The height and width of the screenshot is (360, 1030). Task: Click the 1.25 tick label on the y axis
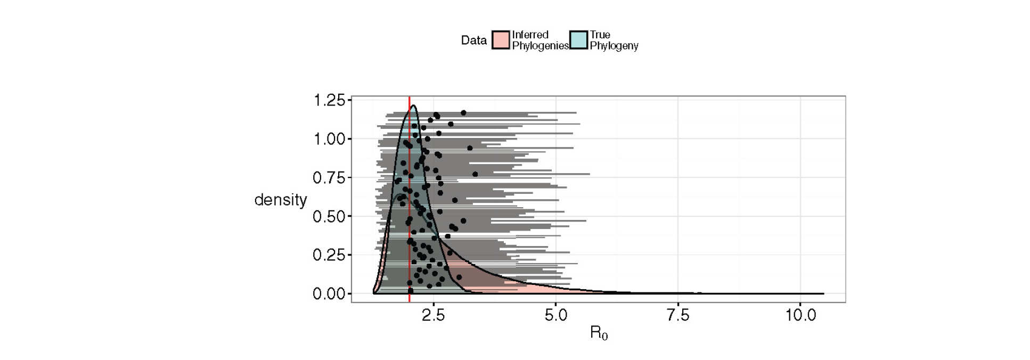(x=329, y=100)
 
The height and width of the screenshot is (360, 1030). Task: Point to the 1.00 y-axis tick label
(x=329, y=139)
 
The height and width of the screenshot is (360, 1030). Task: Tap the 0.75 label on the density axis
(x=329, y=178)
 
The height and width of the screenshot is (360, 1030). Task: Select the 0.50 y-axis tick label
(x=329, y=217)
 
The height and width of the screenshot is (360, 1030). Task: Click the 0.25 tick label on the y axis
(x=329, y=255)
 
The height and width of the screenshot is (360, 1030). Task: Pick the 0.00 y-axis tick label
(x=329, y=294)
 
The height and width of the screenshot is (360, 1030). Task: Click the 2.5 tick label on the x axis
(x=433, y=315)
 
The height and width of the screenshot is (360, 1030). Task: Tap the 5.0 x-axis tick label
(x=555, y=315)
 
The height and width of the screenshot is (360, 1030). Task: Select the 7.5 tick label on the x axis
(x=678, y=315)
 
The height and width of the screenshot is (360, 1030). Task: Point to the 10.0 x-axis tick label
(x=800, y=315)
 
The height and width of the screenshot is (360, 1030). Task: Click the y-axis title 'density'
(x=281, y=200)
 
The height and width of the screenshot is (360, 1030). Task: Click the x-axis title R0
(x=599, y=333)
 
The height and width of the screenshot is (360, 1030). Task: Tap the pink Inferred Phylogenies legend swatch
(x=501, y=40)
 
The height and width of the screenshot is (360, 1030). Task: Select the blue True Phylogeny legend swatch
(x=578, y=40)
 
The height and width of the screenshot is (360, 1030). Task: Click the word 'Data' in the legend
(x=473, y=40)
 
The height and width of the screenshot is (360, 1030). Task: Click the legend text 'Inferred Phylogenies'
(x=539, y=40)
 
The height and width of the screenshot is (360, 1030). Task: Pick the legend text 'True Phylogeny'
(x=614, y=40)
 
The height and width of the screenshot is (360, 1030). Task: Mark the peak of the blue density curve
(x=413, y=105)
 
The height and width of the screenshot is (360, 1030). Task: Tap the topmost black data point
(x=463, y=113)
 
